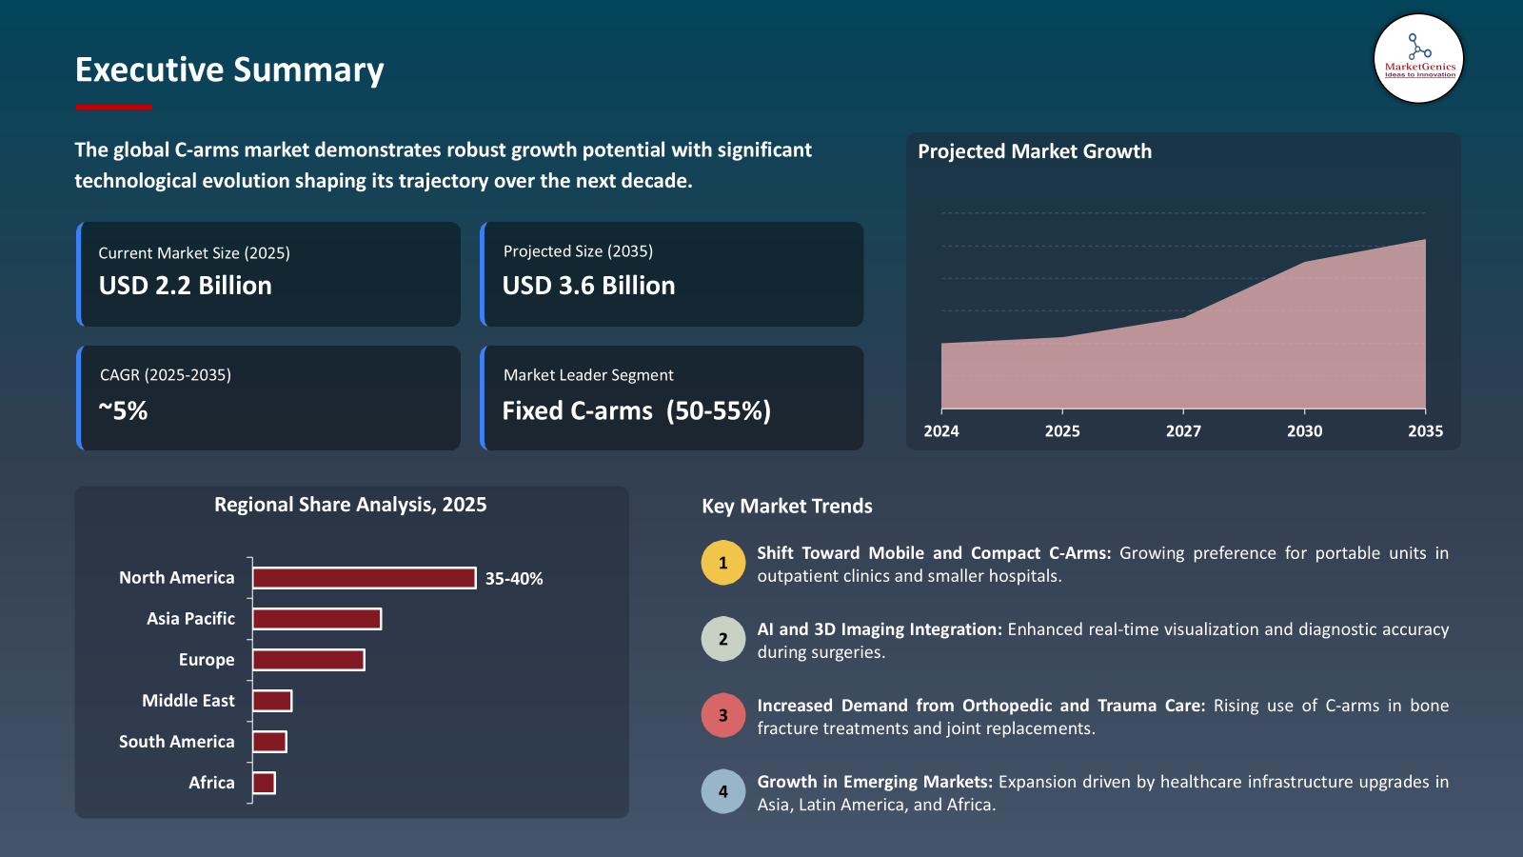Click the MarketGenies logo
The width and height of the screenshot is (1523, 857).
1418,59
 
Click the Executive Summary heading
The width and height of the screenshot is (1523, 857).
229,70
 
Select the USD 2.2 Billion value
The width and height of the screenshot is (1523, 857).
186,286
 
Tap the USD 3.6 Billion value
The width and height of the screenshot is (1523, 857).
588,286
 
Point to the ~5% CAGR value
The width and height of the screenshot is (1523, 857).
124,411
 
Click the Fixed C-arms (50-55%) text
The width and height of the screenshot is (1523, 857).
636,411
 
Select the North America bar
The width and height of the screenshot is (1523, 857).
364,578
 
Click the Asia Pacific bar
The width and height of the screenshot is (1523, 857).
317,619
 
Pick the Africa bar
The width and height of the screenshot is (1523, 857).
264,783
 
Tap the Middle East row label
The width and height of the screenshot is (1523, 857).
188,701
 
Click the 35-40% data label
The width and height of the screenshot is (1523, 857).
514,579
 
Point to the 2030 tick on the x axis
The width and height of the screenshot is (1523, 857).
1304,431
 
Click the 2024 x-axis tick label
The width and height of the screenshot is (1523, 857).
941,431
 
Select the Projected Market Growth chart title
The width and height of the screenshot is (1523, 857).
1035,151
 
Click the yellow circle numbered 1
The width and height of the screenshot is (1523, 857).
723,563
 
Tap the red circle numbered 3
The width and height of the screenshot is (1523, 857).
723,715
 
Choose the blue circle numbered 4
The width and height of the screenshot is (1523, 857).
723,791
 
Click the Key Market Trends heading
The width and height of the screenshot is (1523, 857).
787,507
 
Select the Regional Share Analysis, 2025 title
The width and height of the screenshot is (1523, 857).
350,505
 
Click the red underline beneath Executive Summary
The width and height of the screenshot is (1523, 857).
113,107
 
